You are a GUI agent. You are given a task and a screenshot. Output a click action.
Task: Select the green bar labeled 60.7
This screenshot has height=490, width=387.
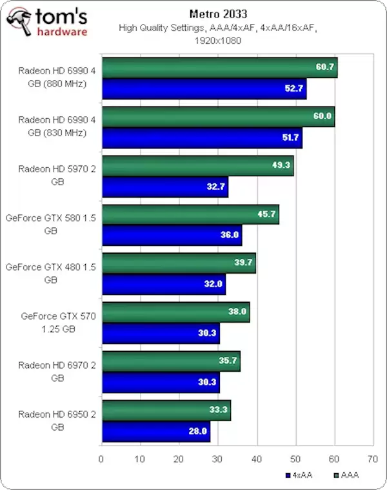[x=219, y=67]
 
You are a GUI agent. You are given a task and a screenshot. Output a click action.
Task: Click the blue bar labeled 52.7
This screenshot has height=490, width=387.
[x=204, y=89]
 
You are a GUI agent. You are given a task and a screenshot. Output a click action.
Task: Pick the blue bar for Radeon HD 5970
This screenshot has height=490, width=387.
[x=164, y=187]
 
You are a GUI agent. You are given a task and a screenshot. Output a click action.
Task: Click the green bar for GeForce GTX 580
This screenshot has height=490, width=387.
[x=190, y=215]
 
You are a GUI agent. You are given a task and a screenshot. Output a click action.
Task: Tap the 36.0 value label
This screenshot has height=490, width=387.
[x=229, y=236]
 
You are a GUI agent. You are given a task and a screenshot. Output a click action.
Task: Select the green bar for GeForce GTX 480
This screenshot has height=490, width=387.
[x=179, y=263]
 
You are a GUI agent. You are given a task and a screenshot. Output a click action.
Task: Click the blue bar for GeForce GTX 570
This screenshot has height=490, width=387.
[x=161, y=334]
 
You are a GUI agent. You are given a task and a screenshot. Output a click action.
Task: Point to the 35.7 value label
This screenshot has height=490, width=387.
[x=227, y=362]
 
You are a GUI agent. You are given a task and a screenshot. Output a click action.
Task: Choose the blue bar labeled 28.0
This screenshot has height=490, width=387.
[x=156, y=431]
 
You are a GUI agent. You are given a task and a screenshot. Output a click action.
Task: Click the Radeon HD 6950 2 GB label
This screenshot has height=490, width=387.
[x=56, y=420]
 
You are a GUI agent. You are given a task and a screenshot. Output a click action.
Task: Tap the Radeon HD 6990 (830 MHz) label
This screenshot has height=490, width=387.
[x=56, y=126]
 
